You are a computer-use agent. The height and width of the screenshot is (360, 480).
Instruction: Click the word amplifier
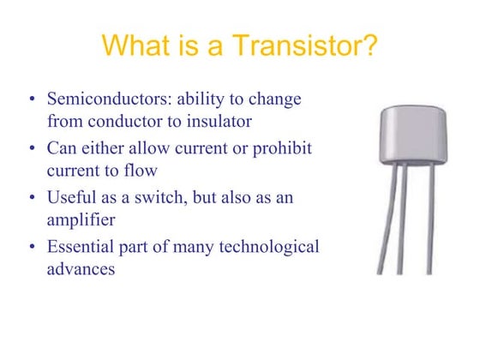pos(81,219)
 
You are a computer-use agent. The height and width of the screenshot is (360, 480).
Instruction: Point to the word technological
pos(271,248)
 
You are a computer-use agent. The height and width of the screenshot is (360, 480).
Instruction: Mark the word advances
pos(80,268)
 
